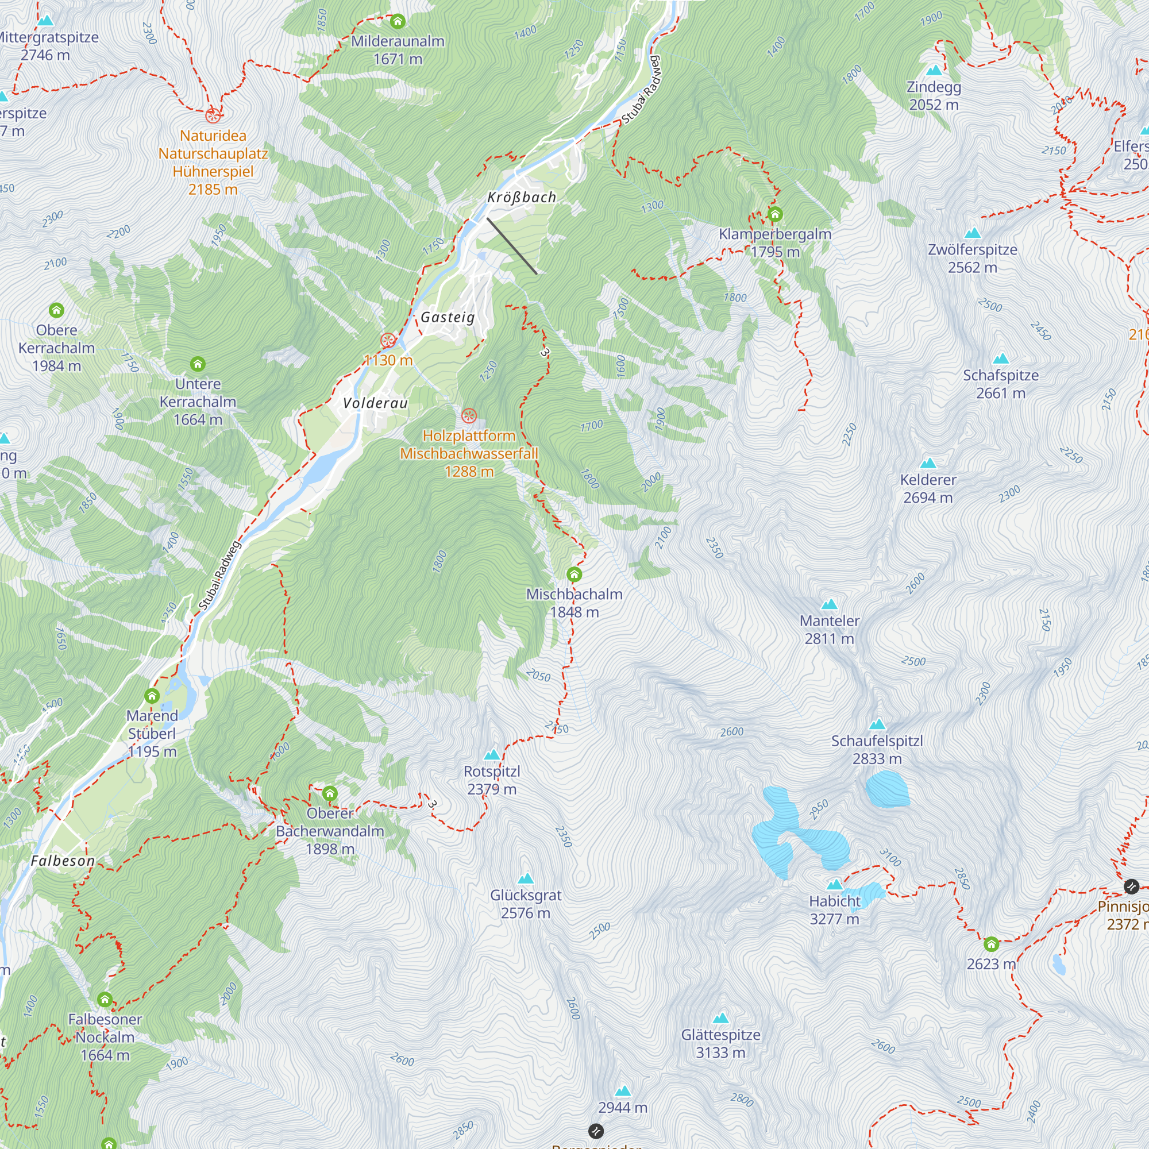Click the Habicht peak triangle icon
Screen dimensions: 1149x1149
pyautogui.click(x=835, y=884)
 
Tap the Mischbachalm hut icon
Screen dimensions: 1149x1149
pyautogui.click(x=574, y=574)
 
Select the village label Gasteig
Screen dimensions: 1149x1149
pyautogui.click(x=448, y=317)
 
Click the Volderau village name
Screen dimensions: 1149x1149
pyautogui.click(x=375, y=403)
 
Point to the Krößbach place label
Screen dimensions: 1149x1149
pyautogui.click(x=522, y=197)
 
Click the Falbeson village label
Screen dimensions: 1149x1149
pyautogui.click(x=63, y=861)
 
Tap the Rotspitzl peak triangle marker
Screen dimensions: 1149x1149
pyautogui.click(x=491, y=755)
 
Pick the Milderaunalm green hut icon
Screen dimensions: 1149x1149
pyautogui.click(x=398, y=21)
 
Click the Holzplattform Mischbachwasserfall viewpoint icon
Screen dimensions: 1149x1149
pyautogui.click(x=469, y=415)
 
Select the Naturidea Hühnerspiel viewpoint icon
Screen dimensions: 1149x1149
pyautogui.click(x=213, y=115)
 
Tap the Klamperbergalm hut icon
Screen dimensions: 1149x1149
pyautogui.click(x=774, y=214)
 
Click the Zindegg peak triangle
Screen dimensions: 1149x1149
pyautogui.click(x=934, y=70)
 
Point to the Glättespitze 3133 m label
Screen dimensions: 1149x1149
pyautogui.click(x=720, y=1043)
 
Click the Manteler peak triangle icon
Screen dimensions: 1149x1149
pyautogui.click(x=829, y=605)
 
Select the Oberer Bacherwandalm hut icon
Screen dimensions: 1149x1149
pyautogui.click(x=330, y=793)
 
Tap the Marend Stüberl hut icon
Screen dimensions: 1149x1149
pyautogui.click(x=152, y=696)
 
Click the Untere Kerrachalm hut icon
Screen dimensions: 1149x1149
pyautogui.click(x=198, y=364)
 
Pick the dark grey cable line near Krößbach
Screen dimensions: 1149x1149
pyautogui.click(x=511, y=246)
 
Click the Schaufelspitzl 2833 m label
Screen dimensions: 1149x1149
pyautogui.click(x=877, y=749)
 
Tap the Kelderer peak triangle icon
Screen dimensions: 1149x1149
pyautogui.click(x=928, y=463)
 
